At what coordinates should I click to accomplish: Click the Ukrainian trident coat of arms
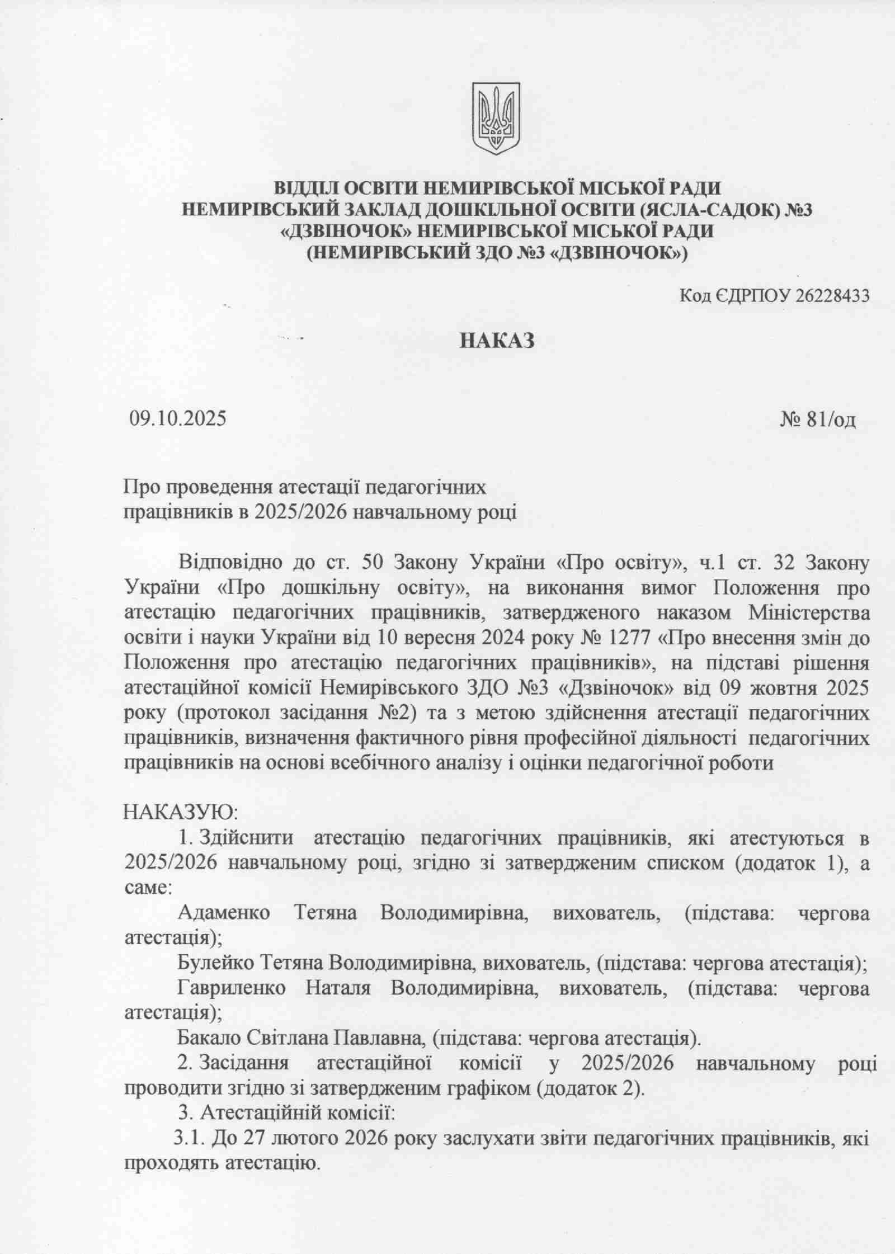tap(496, 118)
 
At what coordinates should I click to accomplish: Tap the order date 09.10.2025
tap(178, 418)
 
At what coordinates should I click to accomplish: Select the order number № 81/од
tap(817, 419)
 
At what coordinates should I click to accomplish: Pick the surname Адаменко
tap(223, 913)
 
